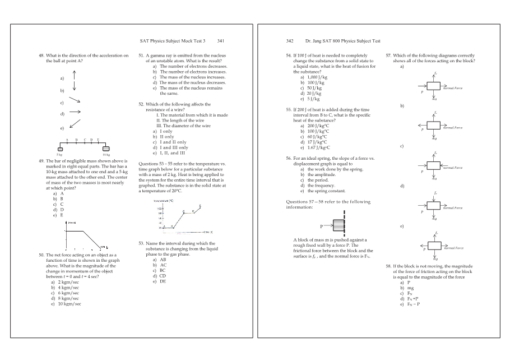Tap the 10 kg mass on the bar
point(106,148)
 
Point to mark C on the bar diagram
point(84,140)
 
